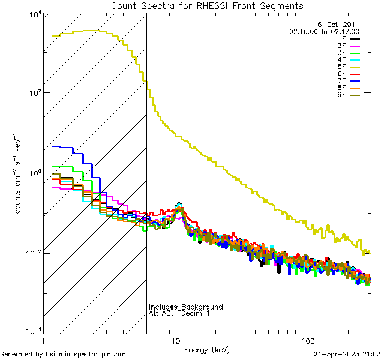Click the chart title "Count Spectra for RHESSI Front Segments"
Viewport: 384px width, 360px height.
coord(207,6)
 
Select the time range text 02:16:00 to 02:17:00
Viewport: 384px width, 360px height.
coord(324,31)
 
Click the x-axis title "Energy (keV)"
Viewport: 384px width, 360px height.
coord(206,349)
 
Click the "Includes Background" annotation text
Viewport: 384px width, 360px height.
coord(185,307)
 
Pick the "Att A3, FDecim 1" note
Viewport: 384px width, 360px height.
coord(179,314)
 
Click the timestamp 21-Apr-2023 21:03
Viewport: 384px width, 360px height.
coord(347,354)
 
